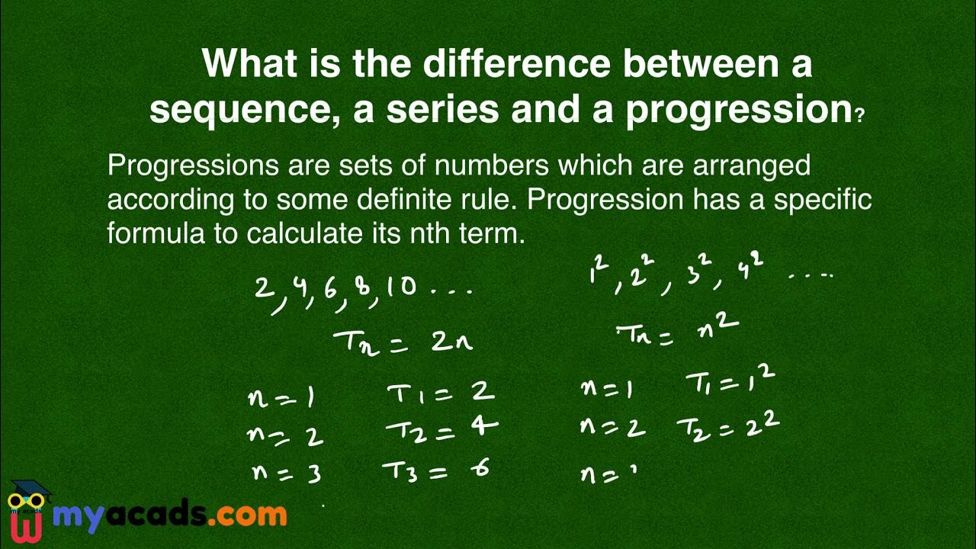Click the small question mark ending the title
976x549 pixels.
[x=860, y=117]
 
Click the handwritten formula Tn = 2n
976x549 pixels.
[x=403, y=340]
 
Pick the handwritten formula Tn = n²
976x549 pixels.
[x=677, y=331]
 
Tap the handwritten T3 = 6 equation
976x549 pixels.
[x=435, y=470]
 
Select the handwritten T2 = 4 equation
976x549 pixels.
[x=441, y=430]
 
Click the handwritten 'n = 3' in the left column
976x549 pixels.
[x=286, y=474]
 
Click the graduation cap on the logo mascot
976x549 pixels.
[x=30, y=488]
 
